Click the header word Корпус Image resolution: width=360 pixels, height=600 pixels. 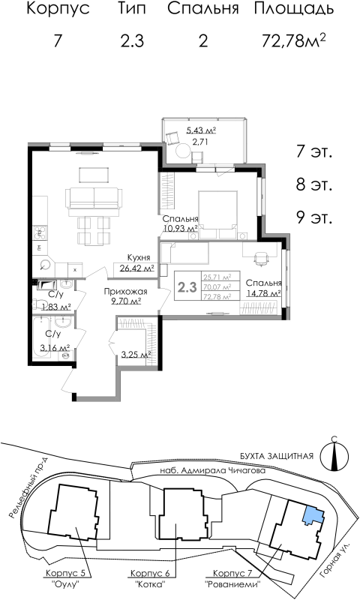[x=58, y=10]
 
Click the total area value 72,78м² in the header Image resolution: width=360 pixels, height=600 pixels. [x=294, y=40]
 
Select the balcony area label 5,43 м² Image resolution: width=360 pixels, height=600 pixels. [x=200, y=130]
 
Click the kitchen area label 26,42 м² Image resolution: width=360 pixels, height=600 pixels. [x=134, y=266]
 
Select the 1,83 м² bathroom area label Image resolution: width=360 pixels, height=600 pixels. [x=54, y=307]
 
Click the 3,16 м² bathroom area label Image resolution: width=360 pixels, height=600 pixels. [x=55, y=348]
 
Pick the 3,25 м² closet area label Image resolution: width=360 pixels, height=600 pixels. [x=136, y=355]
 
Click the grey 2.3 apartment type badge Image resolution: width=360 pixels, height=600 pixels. [x=187, y=286]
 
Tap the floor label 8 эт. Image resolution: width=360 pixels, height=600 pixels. [x=313, y=184]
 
